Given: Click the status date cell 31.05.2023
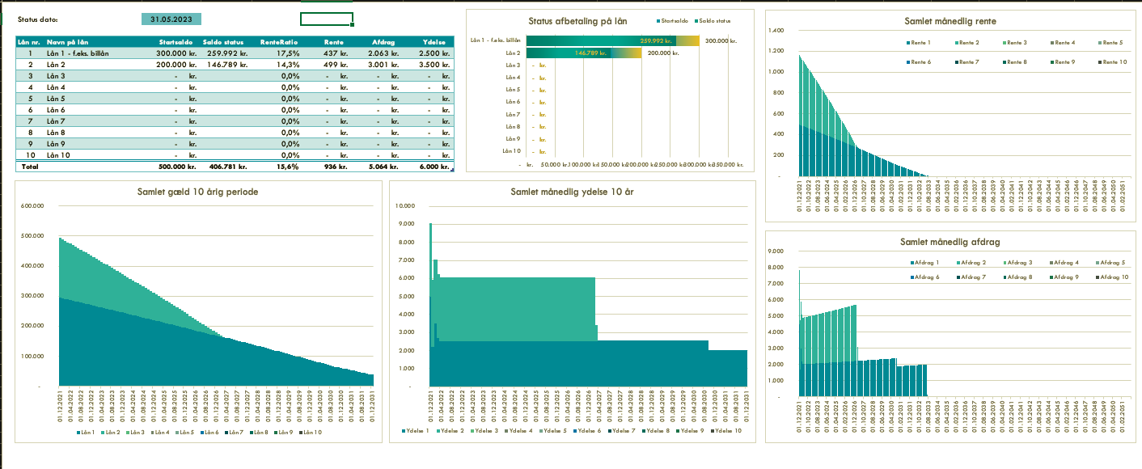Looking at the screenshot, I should pos(171,19).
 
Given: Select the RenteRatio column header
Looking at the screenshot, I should pos(280,42).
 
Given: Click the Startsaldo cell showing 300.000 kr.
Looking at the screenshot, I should pos(177,53).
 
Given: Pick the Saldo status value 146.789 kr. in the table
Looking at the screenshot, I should pos(225,65).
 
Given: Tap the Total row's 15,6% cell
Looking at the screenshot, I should pos(287,167).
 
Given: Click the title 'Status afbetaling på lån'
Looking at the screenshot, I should pos(577,22).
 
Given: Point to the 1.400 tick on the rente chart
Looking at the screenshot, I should pos(776,31).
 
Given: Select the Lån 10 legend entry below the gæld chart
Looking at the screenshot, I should pos(311,433).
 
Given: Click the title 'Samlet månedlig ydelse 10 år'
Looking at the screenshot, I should pos(572,192).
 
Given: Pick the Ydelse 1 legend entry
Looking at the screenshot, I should pos(417,431).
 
